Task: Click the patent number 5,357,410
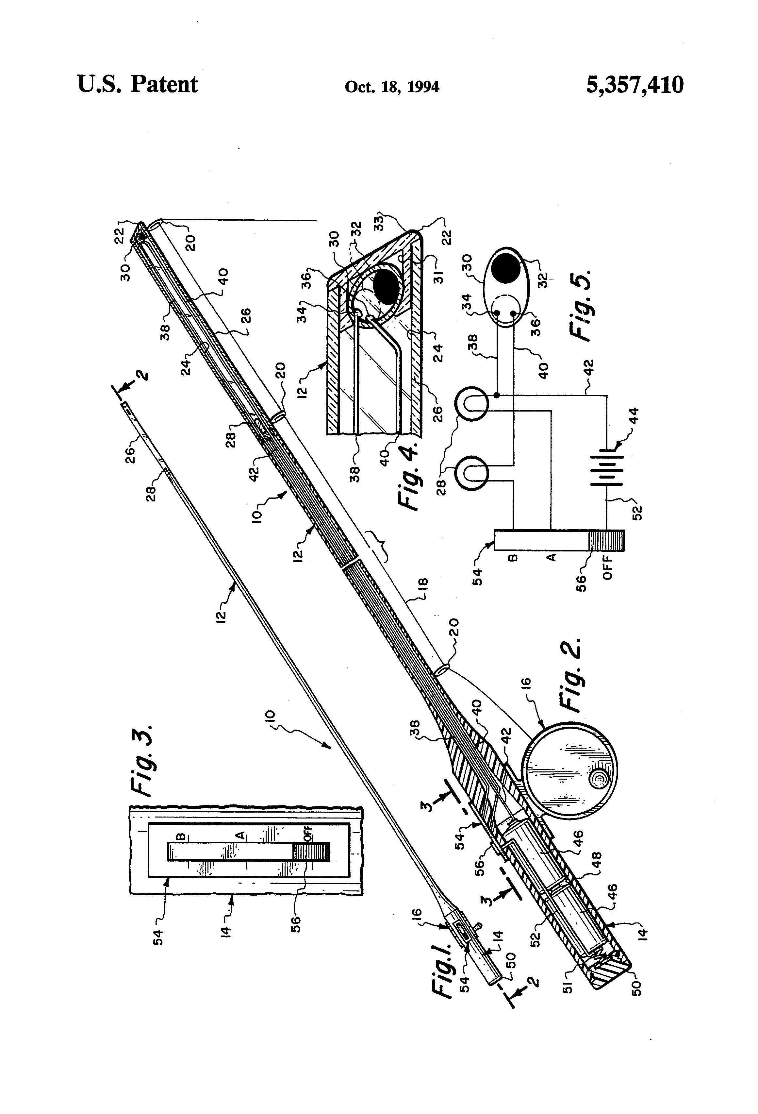634,85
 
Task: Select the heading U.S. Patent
138,85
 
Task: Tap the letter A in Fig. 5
551,557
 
